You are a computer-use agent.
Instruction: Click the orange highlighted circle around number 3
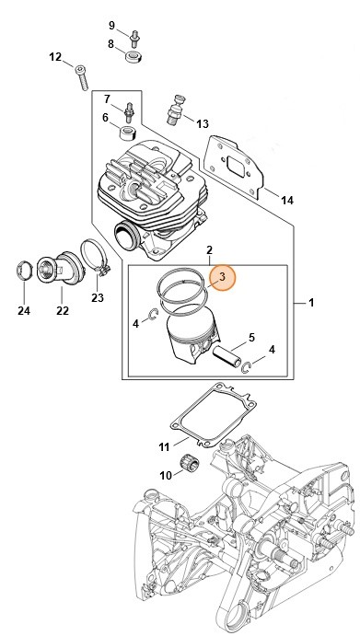point(222,277)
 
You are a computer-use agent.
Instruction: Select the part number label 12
point(55,57)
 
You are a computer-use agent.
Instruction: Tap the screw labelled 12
point(82,77)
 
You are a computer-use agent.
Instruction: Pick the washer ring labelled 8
point(134,57)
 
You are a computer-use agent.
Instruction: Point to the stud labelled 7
point(130,111)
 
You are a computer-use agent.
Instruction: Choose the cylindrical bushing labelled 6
point(128,133)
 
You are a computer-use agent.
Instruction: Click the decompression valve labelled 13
point(175,109)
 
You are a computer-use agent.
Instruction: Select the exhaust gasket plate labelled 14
point(234,167)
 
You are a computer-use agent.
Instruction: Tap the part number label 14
point(287,200)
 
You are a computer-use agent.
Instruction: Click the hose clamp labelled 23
point(96,258)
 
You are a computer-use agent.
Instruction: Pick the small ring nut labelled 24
point(24,272)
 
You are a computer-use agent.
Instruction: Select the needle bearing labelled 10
point(188,463)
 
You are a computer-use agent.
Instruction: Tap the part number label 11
point(164,447)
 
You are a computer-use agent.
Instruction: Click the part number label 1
point(311,303)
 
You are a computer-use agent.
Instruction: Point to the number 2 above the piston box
point(209,249)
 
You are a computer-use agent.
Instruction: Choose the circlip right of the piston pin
point(246,367)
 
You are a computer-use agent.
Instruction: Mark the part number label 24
point(24,311)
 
